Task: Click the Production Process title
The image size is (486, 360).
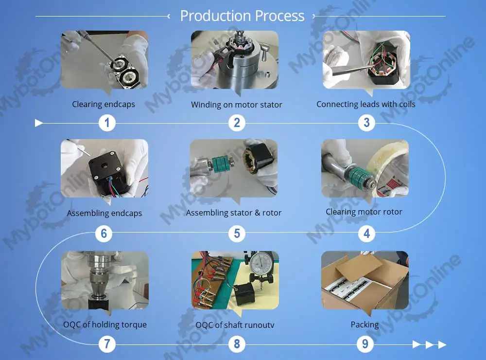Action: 242,16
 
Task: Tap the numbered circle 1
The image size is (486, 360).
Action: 107,123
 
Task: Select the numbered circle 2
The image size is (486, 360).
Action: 237,123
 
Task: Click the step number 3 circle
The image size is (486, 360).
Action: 366,123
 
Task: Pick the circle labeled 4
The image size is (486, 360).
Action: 366,234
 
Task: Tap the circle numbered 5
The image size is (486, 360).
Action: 237,234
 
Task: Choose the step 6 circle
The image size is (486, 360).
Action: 104,234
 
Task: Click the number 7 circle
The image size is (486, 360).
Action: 107,344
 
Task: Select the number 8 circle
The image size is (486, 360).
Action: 237,344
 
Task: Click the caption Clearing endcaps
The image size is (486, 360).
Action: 104,104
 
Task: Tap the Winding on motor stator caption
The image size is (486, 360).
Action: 236,105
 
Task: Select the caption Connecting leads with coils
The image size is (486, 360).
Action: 366,104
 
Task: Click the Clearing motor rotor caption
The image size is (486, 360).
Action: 364,212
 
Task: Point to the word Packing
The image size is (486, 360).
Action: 364,324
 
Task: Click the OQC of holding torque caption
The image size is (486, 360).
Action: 104,324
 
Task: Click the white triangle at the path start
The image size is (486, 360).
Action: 39,123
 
